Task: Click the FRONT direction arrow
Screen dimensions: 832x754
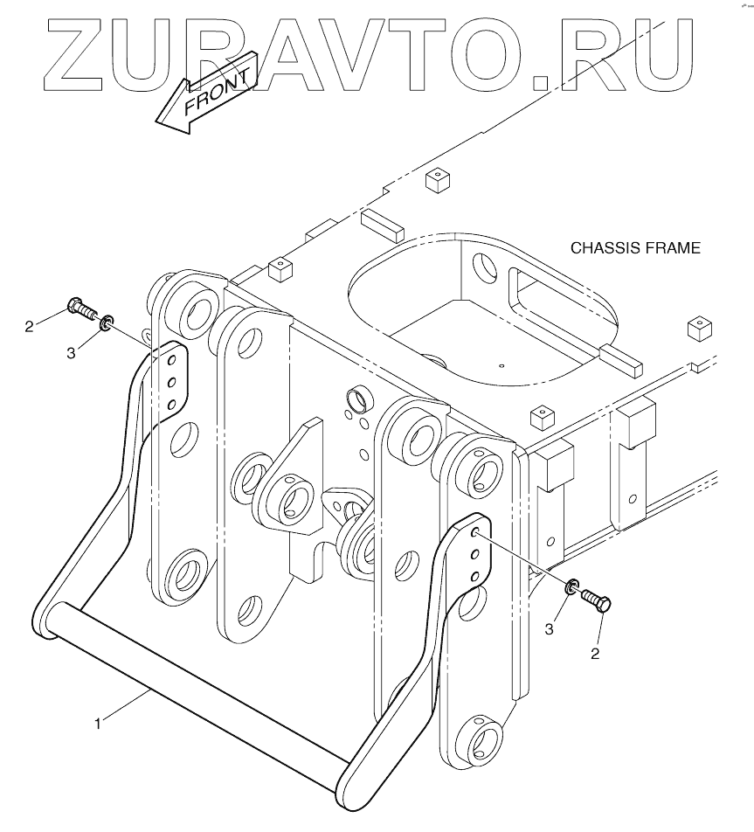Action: tap(206, 94)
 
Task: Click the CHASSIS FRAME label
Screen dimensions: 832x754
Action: tap(635, 248)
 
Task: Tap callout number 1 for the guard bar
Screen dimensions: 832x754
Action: tap(100, 723)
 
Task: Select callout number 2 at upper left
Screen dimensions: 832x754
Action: tap(29, 327)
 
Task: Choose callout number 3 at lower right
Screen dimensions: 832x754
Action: tap(550, 627)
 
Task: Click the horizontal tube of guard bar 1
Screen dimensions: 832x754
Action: tap(192, 683)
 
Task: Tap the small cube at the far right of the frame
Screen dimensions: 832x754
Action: tap(701, 328)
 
